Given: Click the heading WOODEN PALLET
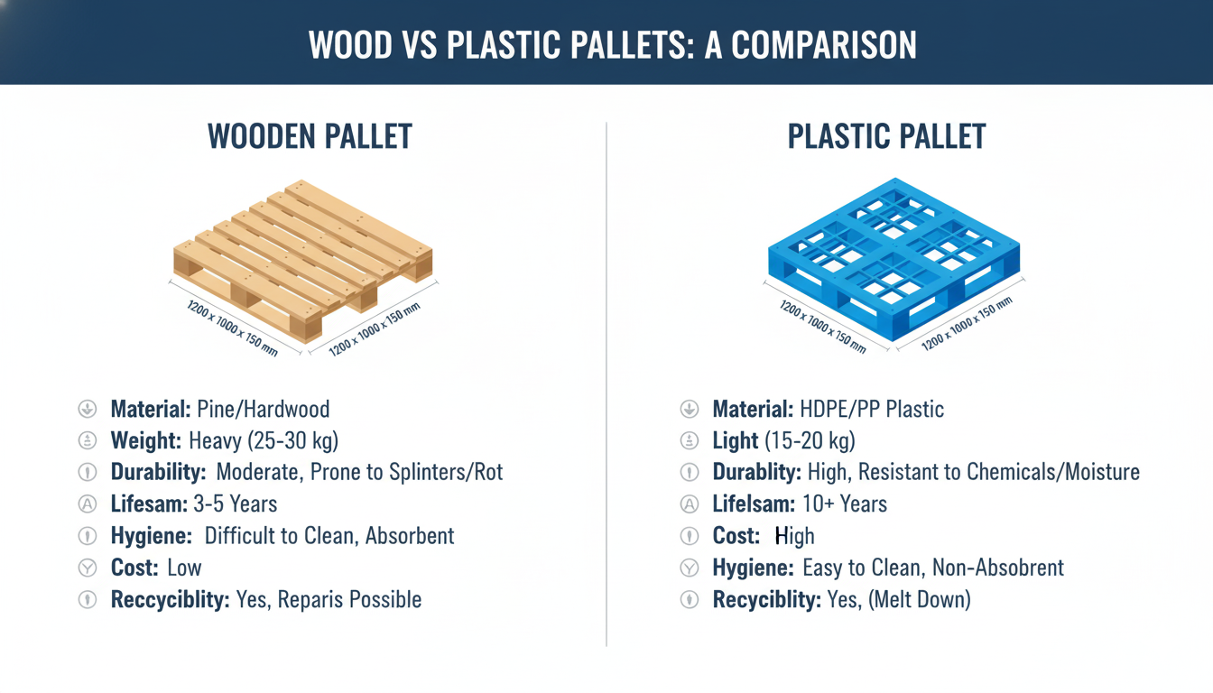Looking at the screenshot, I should point(310,136).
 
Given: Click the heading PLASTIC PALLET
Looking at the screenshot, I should point(886,136).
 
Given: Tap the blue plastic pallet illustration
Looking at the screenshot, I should point(893,258).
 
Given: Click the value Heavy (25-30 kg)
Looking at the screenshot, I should point(264,440).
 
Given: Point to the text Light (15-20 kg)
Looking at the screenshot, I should point(783,440).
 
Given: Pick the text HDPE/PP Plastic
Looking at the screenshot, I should point(872,409).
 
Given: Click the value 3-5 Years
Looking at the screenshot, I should point(236,504).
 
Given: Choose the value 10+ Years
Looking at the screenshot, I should point(845,504).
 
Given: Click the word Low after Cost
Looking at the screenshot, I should point(184,568).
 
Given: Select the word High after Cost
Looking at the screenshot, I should point(794,536).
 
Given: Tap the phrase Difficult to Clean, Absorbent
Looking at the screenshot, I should point(329,536).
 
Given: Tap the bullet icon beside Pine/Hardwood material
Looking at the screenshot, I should point(88,409).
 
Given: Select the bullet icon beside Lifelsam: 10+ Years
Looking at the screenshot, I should point(690,504).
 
